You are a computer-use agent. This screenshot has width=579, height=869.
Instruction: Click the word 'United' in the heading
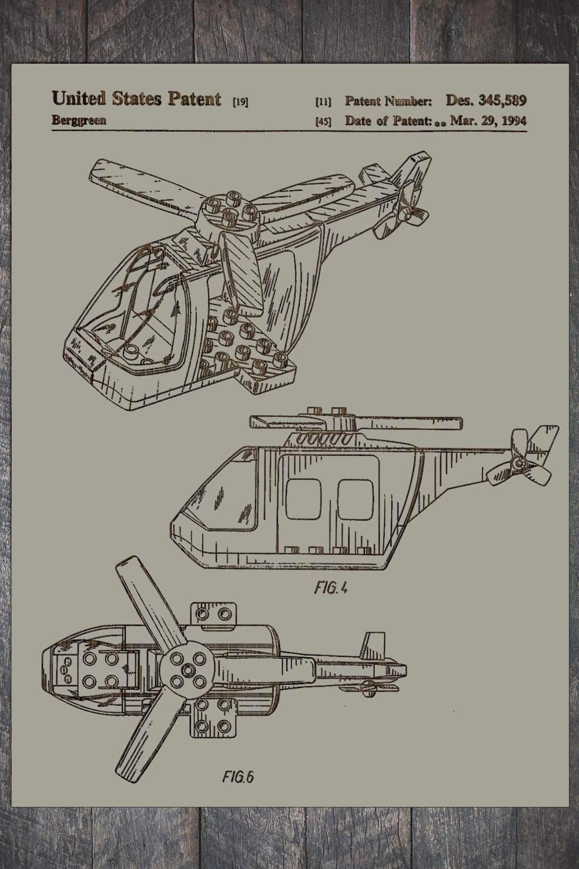(79, 98)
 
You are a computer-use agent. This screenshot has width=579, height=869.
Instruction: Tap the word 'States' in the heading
(137, 99)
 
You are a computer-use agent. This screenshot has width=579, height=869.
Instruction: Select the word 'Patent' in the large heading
(195, 99)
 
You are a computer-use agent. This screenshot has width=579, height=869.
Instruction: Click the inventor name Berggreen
(79, 121)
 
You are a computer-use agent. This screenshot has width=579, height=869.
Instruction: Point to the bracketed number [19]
(240, 102)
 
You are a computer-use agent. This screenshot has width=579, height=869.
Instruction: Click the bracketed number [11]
(323, 102)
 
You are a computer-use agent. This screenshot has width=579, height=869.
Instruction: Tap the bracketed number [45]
(323, 122)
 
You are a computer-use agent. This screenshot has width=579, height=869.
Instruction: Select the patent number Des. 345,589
(486, 100)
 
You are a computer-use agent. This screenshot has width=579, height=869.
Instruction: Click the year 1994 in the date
(514, 121)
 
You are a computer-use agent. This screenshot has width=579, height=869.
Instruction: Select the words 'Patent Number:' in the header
(388, 101)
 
